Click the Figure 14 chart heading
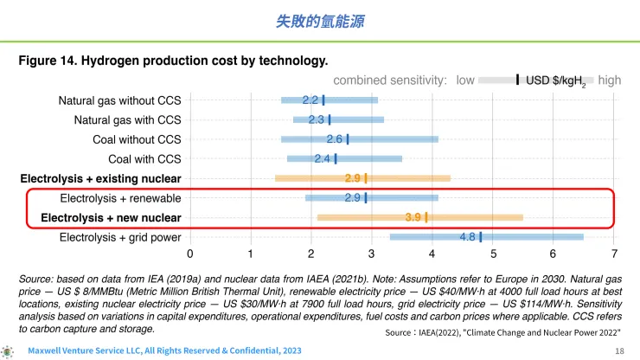click(173, 61)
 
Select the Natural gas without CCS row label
click(120, 100)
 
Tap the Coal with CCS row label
click(144, 159)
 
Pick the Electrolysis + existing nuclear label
click(100, 179)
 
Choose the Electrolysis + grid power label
click(120, 237)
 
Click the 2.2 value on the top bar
click(310, 100)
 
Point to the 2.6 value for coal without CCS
click(335, 139)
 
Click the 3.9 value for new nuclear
click(413, 217)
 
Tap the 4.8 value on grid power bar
click(468, 237)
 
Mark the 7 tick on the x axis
click(614, 254)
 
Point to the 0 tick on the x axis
click(190, 254)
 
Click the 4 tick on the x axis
click(432, 254)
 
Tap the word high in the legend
click(609, 80)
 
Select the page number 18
click(618, 351)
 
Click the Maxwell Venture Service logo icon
click(8, 351)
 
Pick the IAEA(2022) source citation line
click(502, 332)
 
